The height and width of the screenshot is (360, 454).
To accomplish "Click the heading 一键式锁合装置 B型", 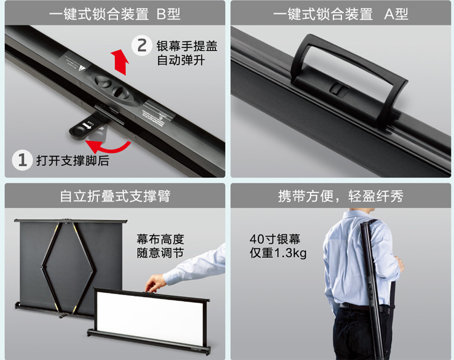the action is [114, 14].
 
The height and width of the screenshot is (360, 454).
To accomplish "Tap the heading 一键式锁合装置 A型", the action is [340, 14].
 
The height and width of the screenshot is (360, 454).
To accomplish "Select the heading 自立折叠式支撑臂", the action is [115, 196].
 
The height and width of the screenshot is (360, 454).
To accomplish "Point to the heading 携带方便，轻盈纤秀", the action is [340, 196].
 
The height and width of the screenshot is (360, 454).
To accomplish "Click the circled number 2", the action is [142, 45].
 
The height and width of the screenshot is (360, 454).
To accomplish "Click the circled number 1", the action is [22, 160].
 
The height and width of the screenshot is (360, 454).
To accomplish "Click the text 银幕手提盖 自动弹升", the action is [187, 53].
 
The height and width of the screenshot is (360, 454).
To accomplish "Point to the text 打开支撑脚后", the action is [73, 160].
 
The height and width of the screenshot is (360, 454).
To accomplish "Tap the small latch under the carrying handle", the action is [339, 90].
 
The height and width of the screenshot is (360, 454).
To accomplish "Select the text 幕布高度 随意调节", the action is [160, 246].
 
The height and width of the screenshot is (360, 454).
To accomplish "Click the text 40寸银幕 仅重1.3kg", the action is [278, 246].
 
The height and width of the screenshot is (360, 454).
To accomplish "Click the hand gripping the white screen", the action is [156, 283].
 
